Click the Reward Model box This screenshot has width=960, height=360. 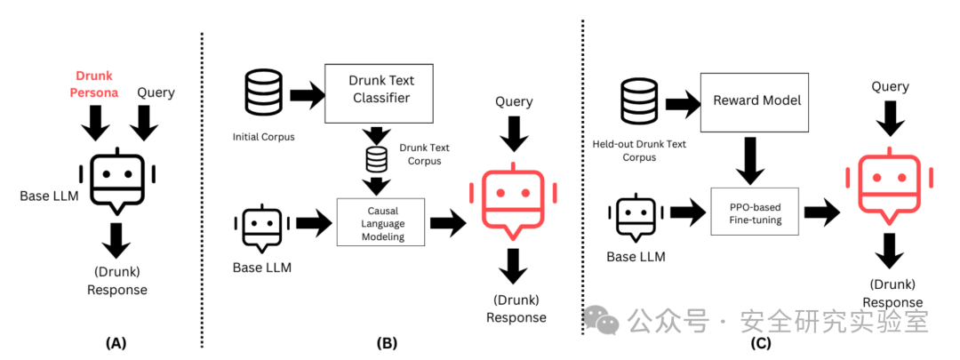pos(756,100)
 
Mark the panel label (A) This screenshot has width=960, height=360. pos(116,341)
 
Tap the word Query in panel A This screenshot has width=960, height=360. pos(156,92)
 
